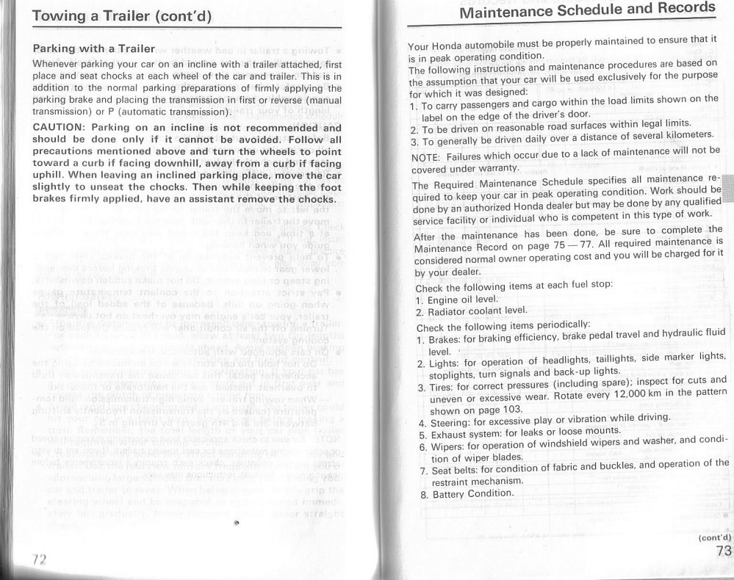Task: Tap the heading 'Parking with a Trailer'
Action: pos(93,49)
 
